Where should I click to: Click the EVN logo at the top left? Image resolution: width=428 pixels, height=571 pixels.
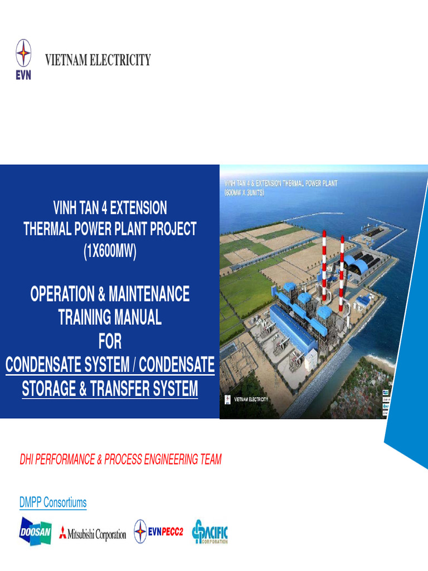23,59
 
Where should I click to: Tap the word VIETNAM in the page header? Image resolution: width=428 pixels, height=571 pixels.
65,60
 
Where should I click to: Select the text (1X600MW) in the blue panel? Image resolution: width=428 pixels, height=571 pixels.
110,251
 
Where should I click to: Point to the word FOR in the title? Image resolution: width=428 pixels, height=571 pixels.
110,341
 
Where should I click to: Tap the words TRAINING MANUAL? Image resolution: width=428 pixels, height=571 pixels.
110,317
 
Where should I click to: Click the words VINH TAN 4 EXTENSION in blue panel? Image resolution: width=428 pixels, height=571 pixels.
110,209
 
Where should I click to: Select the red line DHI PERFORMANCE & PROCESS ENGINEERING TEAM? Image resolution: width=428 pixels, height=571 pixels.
120,459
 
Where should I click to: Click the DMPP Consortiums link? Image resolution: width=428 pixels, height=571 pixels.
53,502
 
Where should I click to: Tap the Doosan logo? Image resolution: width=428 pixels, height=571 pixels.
36,532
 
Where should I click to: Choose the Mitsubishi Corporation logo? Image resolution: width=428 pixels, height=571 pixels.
93,534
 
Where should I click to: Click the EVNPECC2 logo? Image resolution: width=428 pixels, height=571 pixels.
158,532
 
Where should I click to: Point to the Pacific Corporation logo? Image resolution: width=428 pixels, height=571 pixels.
210,532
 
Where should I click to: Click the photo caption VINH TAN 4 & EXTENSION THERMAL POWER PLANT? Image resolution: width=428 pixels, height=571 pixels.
280,183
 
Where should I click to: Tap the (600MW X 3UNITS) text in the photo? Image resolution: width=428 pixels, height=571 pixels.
244,192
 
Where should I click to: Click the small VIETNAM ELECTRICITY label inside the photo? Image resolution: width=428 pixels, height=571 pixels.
250,399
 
